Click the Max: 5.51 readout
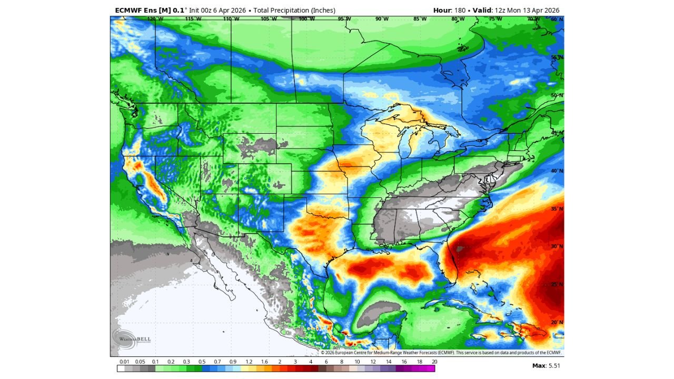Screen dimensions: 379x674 tap(547, 365)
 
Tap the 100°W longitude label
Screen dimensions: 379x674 tap(306, 19)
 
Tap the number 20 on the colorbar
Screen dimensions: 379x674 tap(434, 362)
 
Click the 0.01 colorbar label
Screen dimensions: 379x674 tap(125, 362)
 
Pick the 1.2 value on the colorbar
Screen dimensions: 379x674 tap(249, 362)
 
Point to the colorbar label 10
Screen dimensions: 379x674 tap(357, 362)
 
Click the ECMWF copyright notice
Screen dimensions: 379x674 tap(441, 353)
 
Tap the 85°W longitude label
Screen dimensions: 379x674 tap(420, 19)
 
